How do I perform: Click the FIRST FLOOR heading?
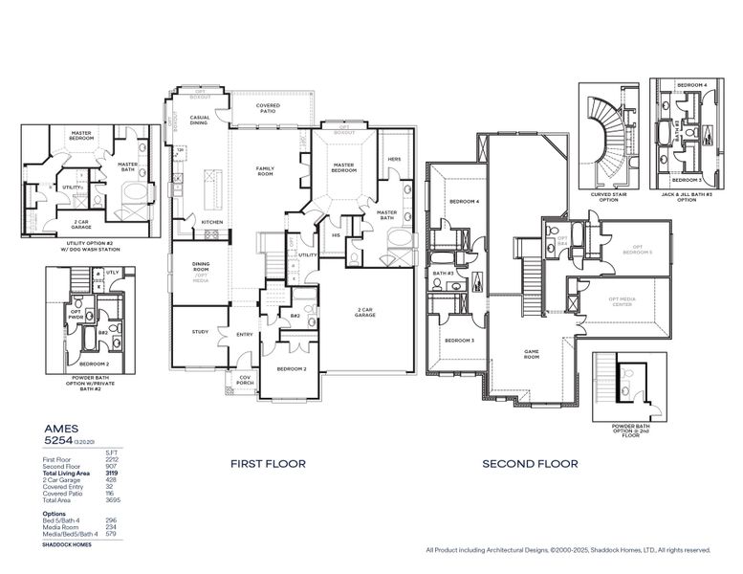[268, 464]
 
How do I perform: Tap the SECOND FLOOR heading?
[530, 464]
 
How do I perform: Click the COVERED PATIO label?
[268, 109]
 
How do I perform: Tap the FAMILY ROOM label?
[265, 171]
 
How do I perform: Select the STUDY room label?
[200, 332]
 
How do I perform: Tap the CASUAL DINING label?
[200, 121]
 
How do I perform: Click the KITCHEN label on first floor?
[212, 222]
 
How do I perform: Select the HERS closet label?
[393, 160]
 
